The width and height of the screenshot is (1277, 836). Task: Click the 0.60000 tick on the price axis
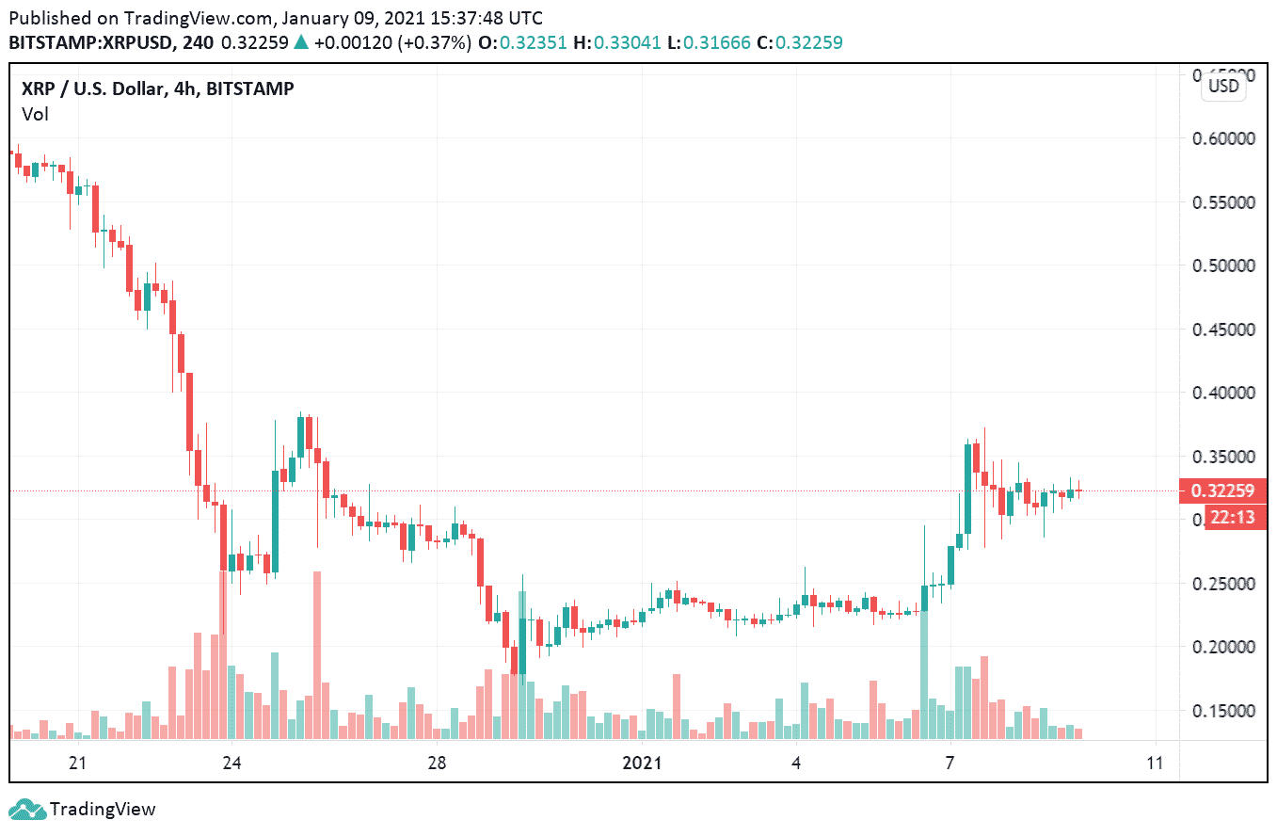click(x=1223, y=138)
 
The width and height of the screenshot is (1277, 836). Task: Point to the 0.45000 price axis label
click(x=1223, y=330)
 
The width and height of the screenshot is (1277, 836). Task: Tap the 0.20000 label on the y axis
click(x=1223, y=647)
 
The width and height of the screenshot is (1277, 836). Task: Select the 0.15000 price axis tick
click(x=1223, y=711)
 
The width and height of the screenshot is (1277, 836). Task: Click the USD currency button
click(x=1223, y=87)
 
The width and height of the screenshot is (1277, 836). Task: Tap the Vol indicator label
click(x=35, y=114)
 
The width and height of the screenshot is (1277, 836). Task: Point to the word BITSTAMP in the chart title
click(x=249, y=88)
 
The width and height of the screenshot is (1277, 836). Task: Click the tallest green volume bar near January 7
click(x=924, y=674)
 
